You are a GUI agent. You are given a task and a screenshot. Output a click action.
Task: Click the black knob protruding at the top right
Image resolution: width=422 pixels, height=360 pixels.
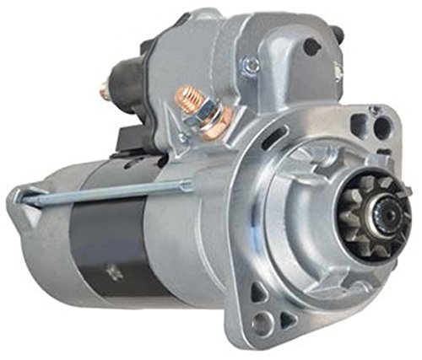338,35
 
